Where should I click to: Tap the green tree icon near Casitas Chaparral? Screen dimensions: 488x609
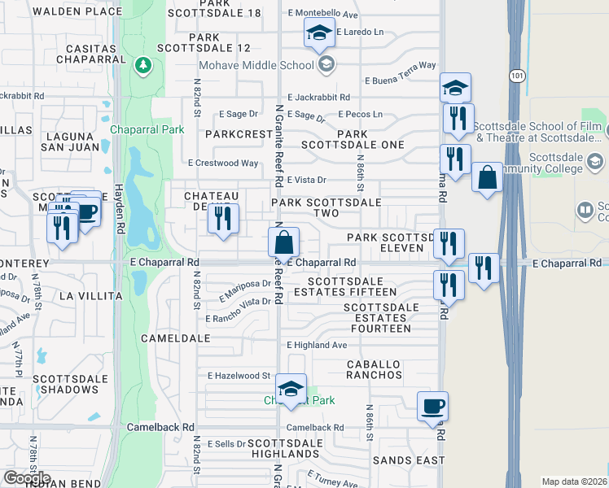pos(143,63)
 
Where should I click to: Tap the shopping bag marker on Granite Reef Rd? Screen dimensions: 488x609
pos(283,242)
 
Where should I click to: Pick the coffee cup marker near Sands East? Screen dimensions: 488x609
pos(433,406)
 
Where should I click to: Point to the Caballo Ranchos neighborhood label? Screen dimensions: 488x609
pos(374,369)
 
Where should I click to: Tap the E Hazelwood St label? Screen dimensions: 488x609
pos(239,376)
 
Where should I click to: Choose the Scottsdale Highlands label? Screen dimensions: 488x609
pos(284,448)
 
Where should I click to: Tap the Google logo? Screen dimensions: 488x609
pos(27,478)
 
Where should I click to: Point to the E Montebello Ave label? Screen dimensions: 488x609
pos(323,15)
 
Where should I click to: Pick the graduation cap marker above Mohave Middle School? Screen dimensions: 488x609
pos(320,33)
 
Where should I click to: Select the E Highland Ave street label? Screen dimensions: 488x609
pos(316,345)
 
